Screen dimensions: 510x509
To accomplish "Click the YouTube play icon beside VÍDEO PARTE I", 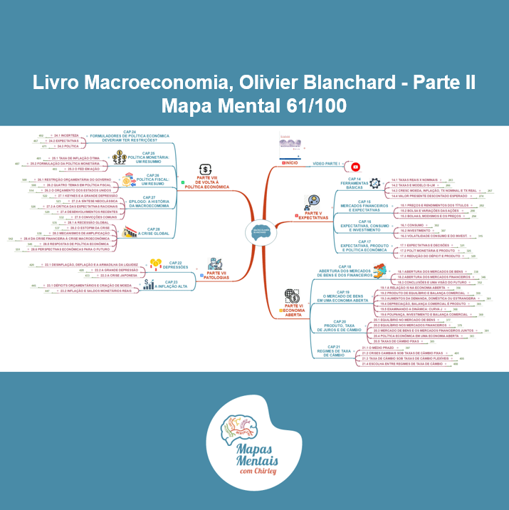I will click(x=355, y=167).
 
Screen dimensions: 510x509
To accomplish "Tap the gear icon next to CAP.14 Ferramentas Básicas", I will click(x=375, y=182).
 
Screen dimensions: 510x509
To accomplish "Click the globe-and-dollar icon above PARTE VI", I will click(x=292, y=296).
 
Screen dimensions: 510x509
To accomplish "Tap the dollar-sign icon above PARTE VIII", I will click(x=206, y=170).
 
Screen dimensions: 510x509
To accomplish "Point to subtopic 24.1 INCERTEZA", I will click(x=66, y=135).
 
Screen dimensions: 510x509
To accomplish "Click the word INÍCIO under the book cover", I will click(x=289, y=163).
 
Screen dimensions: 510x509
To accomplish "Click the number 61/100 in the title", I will click(x=315, y=106).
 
